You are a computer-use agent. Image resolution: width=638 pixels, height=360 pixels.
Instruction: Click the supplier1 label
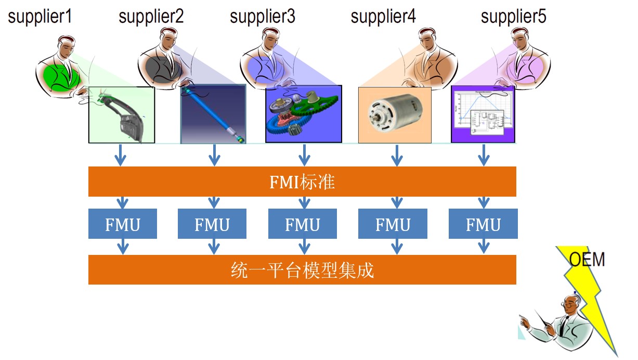tap(40, 17)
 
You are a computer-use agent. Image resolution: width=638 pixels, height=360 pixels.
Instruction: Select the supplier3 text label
tap(262, 17)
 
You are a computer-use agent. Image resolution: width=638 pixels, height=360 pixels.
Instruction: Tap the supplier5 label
tap(513, 17)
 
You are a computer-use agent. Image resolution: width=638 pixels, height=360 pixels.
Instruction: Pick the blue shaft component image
tap(213, 114)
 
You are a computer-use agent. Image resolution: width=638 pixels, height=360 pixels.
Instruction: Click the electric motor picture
tap(395, 114)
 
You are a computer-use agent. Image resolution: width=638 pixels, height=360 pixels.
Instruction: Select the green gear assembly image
tap(303, 114)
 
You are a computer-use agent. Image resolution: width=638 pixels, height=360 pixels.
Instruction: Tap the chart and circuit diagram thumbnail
tap(483, 114)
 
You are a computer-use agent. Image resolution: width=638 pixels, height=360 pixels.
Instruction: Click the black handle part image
tap(122, 114)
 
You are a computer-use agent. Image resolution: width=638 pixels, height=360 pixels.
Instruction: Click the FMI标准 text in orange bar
tap(302, 182)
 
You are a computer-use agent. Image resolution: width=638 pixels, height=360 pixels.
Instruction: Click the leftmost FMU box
tap(122, 224)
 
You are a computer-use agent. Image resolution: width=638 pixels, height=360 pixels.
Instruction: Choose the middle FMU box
tap(302, 224)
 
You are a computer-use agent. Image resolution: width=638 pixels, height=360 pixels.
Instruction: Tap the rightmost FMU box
tap(483, 224)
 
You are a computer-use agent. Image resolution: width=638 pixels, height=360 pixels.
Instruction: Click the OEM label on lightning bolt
tap(587, 259)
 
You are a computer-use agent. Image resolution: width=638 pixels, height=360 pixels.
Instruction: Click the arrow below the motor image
tap(397, 155)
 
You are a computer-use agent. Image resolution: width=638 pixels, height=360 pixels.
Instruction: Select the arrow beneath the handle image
tap(121, 155)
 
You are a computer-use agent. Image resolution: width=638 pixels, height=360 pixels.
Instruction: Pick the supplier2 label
tap(151, 17)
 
